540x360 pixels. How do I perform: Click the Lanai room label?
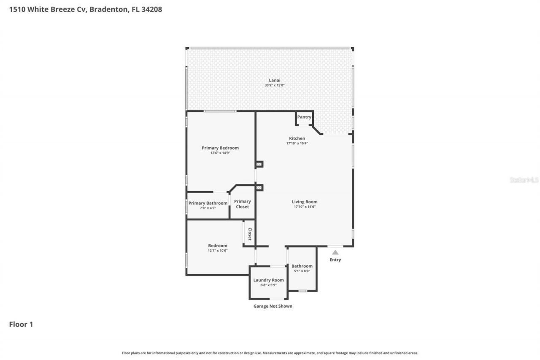(x=275, y=80)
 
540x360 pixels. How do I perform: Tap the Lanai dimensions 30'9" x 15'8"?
(x=275, y=85)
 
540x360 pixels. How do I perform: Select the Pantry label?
(x=304, y=117)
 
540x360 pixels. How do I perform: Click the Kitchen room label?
(x=297, y=138)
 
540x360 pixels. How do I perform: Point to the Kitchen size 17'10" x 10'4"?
(x=297, y=143)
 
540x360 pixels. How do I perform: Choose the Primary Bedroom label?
(x=220, y=148)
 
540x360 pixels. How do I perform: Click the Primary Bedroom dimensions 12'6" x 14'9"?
(x=220, y=153)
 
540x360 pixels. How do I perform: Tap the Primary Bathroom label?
(x=208, y=203)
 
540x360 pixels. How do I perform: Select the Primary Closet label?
(x=243, y=204)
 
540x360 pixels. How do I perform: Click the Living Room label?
(x=305, y=202)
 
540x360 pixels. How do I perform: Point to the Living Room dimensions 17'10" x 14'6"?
(x=305, y=207)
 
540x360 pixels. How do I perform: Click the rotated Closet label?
(x=250, y=234)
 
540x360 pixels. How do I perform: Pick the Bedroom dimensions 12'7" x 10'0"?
(x=218, y=251)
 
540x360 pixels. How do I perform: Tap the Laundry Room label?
(x=268, y=280)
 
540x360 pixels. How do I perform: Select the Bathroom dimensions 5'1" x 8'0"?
(x=302, y=271)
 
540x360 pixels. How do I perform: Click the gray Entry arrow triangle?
(x=335, y=252)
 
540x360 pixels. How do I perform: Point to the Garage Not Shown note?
(x=273, y=306)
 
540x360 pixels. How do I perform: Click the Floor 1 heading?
(x=21, y=324)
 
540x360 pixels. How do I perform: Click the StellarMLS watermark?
(x=524, y=180)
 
